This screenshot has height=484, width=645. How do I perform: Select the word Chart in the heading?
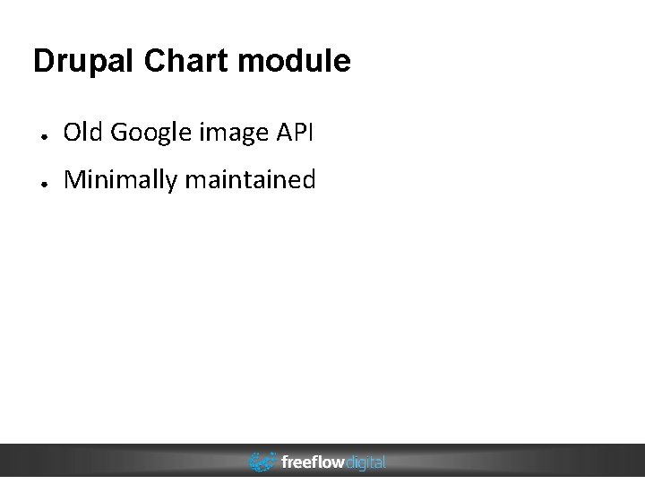pyautogui.click(x=186, y=61)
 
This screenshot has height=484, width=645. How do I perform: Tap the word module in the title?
pyautogui.click(x=295, y=61)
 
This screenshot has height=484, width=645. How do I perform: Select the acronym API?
pyautogui.click(x=296, y=133)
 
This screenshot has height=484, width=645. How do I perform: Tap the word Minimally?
pyautogui.click(x=121, y=181)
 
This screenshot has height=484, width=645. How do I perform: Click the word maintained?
pyautogui.click(x=251, y=180)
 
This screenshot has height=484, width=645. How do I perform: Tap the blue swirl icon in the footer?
pyautogui.click(x=262, y=462)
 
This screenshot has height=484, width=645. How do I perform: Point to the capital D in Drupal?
pyautogui.click(x=43, y=61)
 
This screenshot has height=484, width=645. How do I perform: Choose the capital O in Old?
pyautogui.click(x=72, y=133)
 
